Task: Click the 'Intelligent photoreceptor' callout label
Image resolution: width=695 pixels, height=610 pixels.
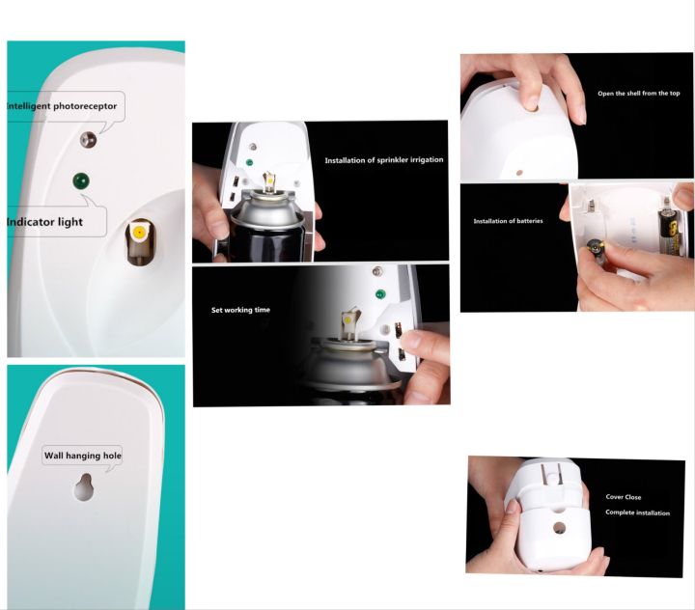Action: click(61, 105)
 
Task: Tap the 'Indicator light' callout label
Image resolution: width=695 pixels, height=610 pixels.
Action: click(45, 222)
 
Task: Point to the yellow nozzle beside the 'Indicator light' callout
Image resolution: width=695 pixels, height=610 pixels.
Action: click(140, 233)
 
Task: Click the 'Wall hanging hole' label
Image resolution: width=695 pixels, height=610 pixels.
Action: click(83, 456)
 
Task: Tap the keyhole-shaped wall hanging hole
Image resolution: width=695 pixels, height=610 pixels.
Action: click(84, 487)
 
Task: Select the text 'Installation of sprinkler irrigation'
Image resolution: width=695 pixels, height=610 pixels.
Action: click(383, 160)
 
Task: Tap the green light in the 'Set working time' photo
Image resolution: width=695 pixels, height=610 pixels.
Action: click(379, 292)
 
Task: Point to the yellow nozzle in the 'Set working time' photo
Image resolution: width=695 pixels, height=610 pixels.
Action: click(349, 316)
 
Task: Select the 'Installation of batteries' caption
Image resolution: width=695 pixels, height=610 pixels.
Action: click(508, 221)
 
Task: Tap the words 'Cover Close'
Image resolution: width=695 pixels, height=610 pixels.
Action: click(623, 497)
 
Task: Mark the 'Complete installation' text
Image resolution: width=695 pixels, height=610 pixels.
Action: click(637, 513)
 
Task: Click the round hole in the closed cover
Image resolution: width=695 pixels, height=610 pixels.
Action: click(558, 528)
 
